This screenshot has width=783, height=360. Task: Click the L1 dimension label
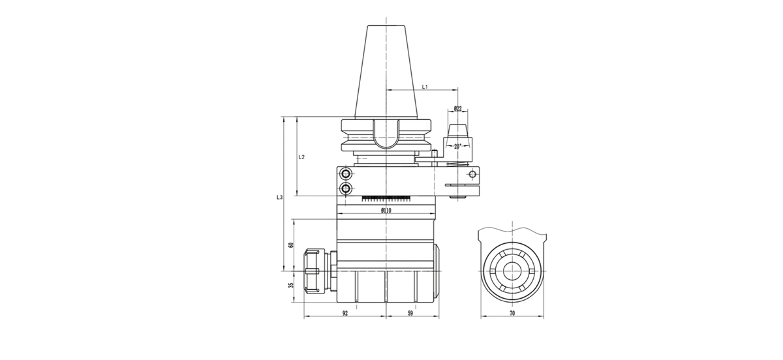click(424, 86)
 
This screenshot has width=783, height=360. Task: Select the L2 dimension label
click(301, 157)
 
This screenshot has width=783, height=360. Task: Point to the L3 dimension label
click(280, 196)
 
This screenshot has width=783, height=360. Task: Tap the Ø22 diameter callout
click(457, 109)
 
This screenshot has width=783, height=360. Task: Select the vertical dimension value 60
click(291, 245)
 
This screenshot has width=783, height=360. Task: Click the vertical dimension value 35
click(291, 285)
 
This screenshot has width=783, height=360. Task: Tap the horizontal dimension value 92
click(345, 314)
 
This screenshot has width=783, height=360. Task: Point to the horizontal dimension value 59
click(410, 314)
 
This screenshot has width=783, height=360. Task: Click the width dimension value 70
click(512, 314)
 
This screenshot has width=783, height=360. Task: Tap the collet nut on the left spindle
click(315, 269)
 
